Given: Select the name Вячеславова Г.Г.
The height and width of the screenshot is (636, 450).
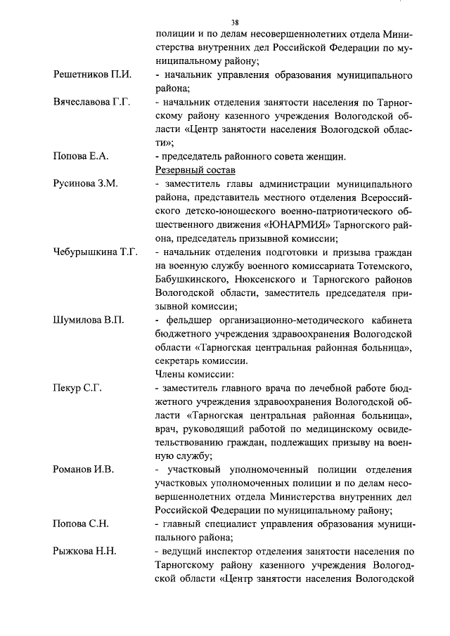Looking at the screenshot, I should (92, 102).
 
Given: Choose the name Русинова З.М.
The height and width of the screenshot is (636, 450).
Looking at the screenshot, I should (86, 183).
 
